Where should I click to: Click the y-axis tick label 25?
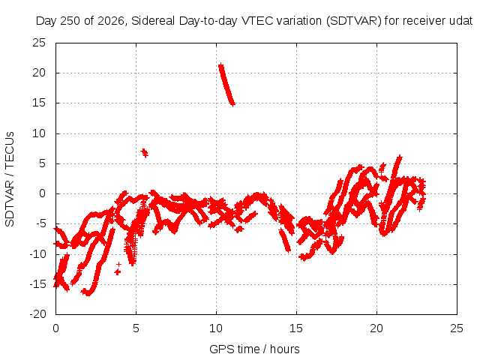tap(39, 43)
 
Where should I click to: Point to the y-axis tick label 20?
tap(39, 73)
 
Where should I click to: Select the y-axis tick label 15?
tap(39, 103)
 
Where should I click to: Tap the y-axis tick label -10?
tap(37, 254)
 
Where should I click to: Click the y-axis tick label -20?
tap(37, 314)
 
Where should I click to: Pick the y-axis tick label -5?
tap(40, 223)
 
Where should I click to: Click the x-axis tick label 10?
tap(216, 328)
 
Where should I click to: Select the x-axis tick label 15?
tap(296, 328)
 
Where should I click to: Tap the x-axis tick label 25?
tap(457, 328)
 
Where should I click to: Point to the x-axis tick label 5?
tap(136, 328)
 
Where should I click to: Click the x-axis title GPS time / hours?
tap(254, 349)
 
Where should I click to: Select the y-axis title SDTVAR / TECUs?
tap(10, 179)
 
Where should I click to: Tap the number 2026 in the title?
tap(111, 21)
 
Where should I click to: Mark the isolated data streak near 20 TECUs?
tap(226, 85)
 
